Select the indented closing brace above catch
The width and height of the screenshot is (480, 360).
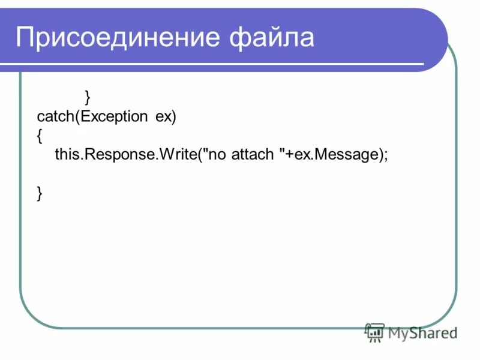(88, 96)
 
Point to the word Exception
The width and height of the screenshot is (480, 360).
(113, 116)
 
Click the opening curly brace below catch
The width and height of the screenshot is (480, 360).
(40, 136)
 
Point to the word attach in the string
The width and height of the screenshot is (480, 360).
(254, 154)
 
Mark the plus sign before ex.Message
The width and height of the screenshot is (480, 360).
(289, 155)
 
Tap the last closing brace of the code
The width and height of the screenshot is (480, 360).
(40, 193)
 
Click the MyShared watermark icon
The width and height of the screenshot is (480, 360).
(375, 332)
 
